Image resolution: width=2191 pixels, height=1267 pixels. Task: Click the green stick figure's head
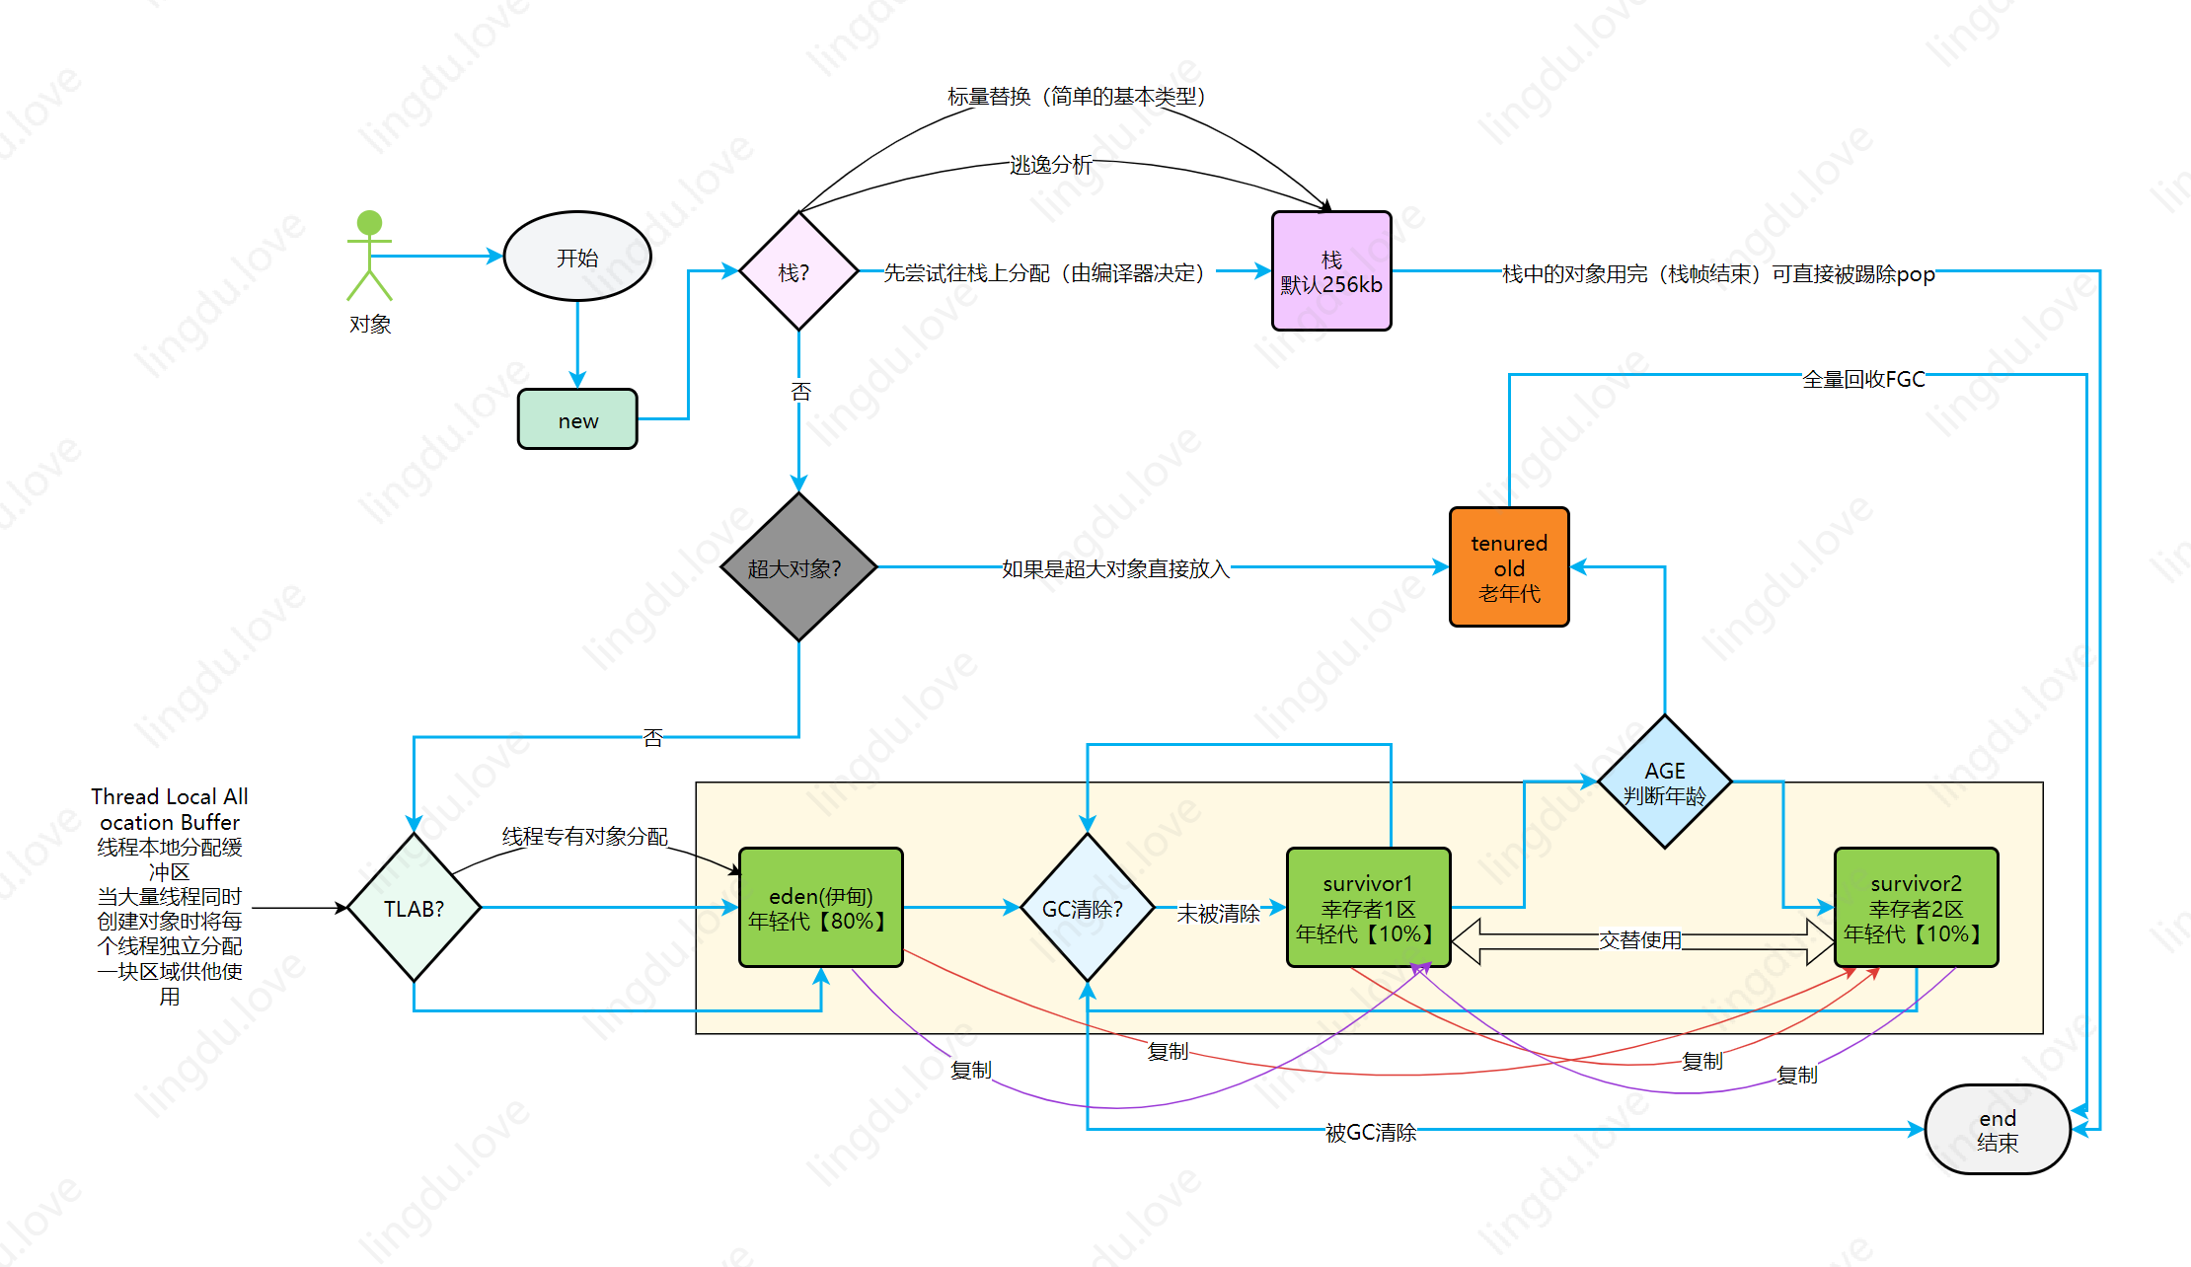(x=369, y=222)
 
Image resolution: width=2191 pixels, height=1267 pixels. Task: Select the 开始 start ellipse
(x=577, y=257)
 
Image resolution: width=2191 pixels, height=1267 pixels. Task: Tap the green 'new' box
(x=577, y=419)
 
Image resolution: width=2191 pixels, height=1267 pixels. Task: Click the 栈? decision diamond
(x=798, y=271)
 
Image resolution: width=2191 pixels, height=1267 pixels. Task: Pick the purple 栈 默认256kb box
(x=1331, y=271)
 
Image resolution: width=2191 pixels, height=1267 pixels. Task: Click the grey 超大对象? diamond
(x=798, y=567)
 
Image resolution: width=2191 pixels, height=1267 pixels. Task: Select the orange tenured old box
(x=1509, y=567)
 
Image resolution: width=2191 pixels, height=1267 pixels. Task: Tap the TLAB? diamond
(x=414, y=908)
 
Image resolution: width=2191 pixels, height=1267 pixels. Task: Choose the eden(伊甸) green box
(x=820, y=908)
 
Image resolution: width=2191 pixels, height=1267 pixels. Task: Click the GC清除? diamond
(x=1087, y=908)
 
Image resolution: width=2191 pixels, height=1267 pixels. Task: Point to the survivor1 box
(x=1368, y=908)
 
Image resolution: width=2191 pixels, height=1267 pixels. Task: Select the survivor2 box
(x=1916, y=908)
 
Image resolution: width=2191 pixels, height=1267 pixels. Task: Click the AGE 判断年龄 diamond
(x=1665, y=782)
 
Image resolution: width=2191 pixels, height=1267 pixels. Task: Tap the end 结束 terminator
(x=1998, y=1130)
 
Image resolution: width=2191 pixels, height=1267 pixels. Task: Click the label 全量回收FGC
(x=1863, y=379)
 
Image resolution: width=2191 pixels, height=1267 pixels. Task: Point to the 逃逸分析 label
(x=1051, y=165)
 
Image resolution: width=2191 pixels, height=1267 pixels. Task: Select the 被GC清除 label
(x=1371, y=1133)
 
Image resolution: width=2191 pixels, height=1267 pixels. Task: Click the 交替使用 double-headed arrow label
(x=1640, y=940)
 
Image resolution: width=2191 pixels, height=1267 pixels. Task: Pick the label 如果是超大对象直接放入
(x=1115, y=568)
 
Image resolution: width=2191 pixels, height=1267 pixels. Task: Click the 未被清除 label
(x=1219, y=914)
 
